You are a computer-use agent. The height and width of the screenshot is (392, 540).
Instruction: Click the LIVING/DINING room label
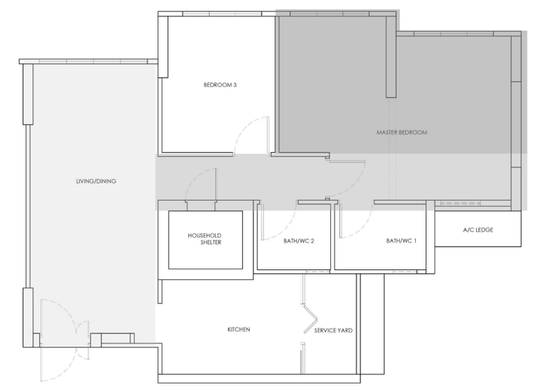[96, 181]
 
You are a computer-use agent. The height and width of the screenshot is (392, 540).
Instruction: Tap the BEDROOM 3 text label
[220, 85]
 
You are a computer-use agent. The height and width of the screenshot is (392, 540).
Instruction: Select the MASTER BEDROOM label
[401, 133]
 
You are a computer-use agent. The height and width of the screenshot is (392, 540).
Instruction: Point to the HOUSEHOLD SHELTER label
[205, 238]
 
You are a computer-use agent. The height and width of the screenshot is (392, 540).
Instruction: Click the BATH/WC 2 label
[299, 241]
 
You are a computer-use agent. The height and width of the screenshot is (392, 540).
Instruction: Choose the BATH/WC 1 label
[401, 241]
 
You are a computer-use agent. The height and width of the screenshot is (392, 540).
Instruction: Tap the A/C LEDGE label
[478, 230]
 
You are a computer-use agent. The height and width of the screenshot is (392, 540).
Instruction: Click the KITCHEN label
[238, 329]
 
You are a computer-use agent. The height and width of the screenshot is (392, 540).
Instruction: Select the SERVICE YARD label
[333, 330]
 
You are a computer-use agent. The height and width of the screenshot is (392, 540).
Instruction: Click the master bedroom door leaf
[347, 161]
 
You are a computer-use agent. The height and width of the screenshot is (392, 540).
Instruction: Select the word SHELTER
[205, 243]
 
